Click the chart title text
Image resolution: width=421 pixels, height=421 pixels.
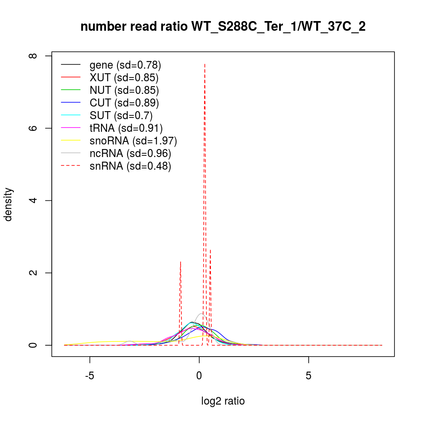[223, 27]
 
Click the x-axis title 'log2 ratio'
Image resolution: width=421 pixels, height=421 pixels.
[223, 401]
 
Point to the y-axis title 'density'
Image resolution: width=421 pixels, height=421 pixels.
[8, 204]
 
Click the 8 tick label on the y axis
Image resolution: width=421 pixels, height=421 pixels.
[35, 56]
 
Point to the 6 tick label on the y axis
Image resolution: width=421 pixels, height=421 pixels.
[35, 128]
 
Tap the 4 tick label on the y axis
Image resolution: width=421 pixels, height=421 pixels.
[35, 200]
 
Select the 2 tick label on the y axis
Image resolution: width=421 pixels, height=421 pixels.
[35, 273]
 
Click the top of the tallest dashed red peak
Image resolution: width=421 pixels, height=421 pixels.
[205, 64]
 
